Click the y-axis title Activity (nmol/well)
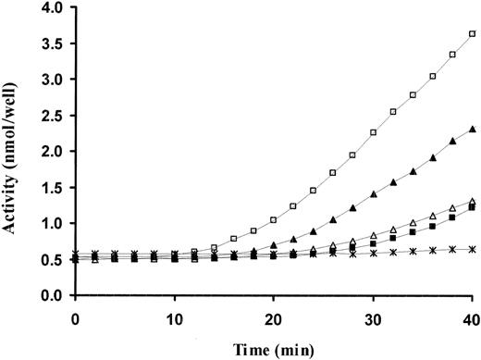(13, 150)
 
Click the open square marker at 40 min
(473, 34)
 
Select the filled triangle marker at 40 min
(473, 130)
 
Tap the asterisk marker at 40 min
(473, 249)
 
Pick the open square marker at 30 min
(373, 132)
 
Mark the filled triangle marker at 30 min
(373, 194)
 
